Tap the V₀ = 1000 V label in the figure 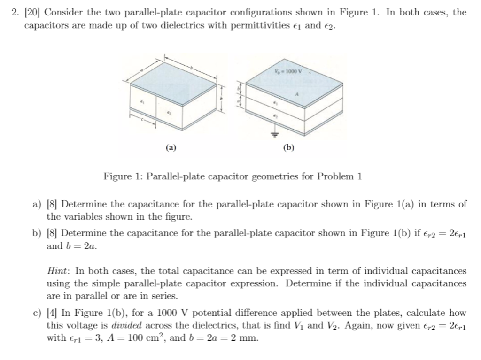point(290,72)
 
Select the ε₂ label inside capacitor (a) point(170,114)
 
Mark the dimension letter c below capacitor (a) point(142,119)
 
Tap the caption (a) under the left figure point(171,147)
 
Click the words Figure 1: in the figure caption point(124,176)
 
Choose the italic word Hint point(59,271)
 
